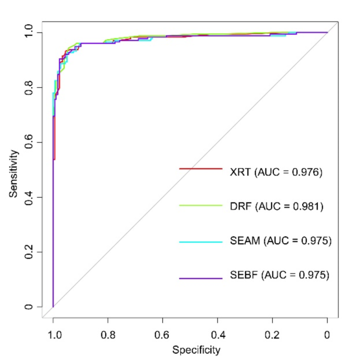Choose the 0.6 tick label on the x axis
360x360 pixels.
[x=163, y=334]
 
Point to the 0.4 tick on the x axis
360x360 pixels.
[x=218, y=334]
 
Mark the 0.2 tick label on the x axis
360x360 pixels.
[x=272, y=334]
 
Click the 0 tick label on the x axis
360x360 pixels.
[x=327, y=334]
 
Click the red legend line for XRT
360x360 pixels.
[x=200, y=169]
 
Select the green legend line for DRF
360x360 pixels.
[x=200, y=205]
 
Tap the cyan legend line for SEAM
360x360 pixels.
[x=200, y=242]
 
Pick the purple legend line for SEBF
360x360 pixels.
[x=200, y=277]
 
